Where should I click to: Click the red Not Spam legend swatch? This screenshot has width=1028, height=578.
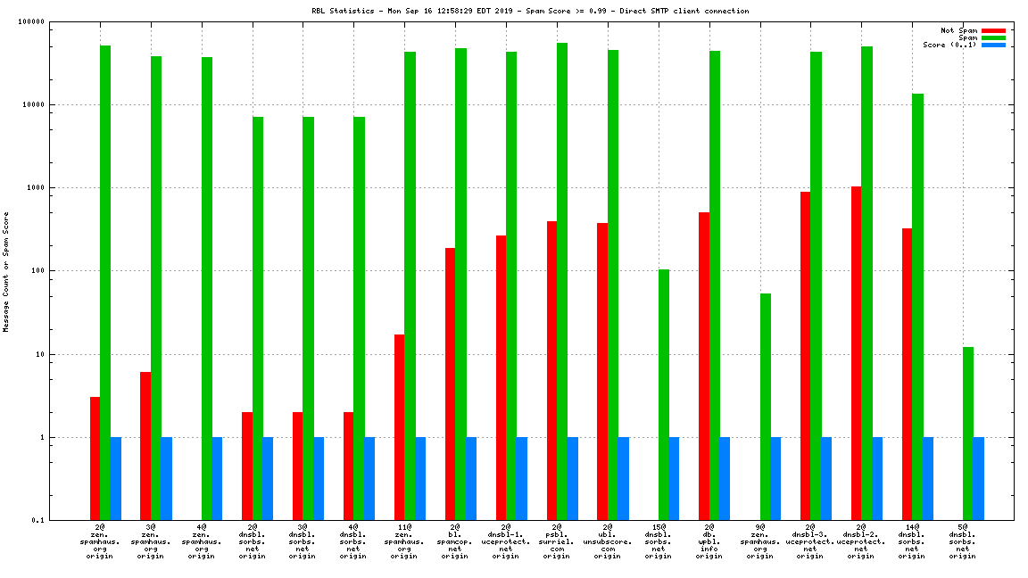[993, 30]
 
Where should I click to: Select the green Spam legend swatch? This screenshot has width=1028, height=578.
[993, 37]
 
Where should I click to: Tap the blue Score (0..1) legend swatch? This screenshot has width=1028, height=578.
[993, 45]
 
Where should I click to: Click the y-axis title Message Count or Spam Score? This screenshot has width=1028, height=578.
[6, 272]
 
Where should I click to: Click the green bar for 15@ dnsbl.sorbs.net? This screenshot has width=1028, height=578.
[664, 394]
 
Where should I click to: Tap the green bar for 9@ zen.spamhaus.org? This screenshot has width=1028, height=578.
[766, 407]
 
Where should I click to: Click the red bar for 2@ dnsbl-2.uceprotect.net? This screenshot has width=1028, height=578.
[857, 353]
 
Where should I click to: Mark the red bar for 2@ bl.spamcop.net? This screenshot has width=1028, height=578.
[451, 384]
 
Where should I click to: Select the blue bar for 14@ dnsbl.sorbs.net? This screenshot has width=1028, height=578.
[928, 479]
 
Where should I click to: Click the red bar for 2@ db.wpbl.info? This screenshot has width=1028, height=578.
[704, 366]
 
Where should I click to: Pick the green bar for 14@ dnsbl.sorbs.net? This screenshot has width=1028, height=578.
[917, 307]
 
